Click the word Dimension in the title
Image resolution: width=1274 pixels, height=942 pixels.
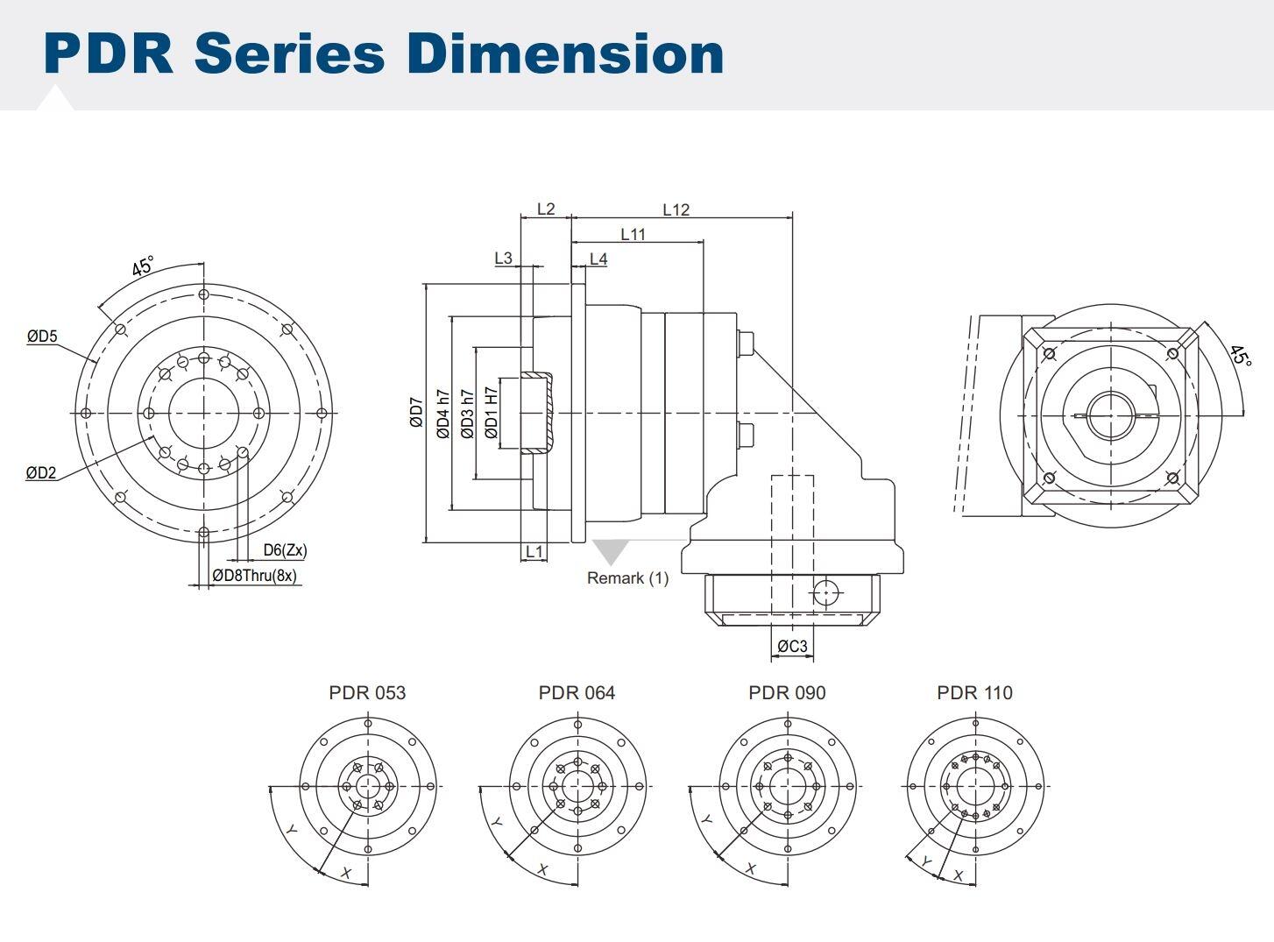(565, 53)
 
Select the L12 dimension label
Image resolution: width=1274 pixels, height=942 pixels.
(676, 209)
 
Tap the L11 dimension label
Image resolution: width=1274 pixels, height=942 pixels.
(633, 234)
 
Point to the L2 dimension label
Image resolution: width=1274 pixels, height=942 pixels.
(545, 209)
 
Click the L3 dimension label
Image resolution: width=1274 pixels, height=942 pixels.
(503, 258)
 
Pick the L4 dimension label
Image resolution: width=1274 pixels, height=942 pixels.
(598, 259)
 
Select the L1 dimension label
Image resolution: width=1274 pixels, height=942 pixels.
(534, 551)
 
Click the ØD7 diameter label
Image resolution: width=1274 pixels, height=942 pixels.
(416, 413)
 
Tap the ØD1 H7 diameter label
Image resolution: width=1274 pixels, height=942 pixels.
(492, 413)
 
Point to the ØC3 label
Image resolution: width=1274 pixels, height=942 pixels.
(792, 647)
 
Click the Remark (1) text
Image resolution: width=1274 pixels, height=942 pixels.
(627, 578)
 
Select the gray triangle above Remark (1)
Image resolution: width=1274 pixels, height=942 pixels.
(610, 550)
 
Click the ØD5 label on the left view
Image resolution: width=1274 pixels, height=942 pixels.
(41, 336)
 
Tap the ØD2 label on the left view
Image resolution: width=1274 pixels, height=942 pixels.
(41, 473)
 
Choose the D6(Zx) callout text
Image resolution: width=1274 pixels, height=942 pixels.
(285, 550)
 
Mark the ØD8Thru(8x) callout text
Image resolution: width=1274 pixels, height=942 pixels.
(254, 576)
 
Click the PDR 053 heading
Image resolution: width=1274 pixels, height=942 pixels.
(367, 692)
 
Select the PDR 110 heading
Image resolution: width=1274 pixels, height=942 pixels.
(974, 692)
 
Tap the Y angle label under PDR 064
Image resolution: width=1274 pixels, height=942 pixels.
(497, 822)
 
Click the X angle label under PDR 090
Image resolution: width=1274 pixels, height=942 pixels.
(750, 869)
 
